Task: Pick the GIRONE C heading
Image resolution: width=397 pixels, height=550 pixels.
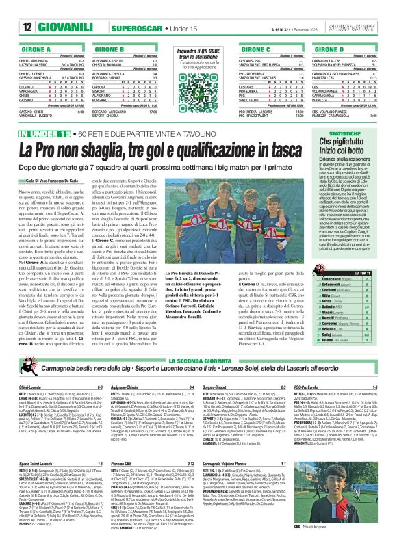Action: [x=267, y=50]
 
